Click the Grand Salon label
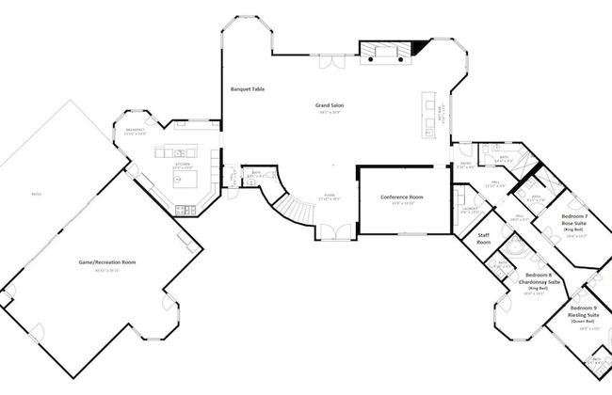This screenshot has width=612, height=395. pyautogui.click(x=329, y=106)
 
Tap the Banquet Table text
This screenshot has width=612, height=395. pyautogui.click(x=248, y=89)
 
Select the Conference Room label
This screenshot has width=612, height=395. pyautogui.click(x=402, y=197)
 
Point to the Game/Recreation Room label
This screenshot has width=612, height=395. pyautogui.click(x=106, y=262)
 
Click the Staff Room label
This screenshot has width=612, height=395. pyautogui.click(x=484, y=239)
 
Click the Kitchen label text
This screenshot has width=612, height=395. pyautogui.click(x=183, y=164)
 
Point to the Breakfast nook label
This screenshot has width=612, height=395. pyautogui.click(x=137, y=130)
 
